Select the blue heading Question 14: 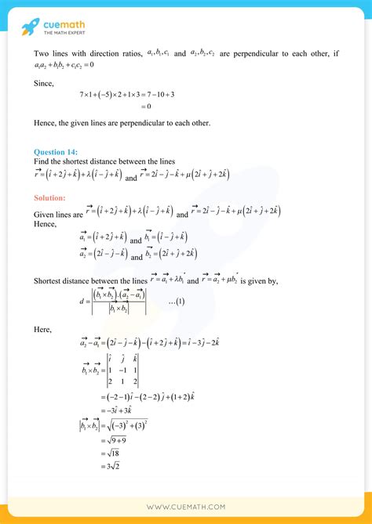click(57, 152)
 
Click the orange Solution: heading click(50, 197)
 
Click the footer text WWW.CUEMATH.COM click(186, 508)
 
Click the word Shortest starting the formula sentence click(51, 280)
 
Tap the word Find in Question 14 click(42, 161)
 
